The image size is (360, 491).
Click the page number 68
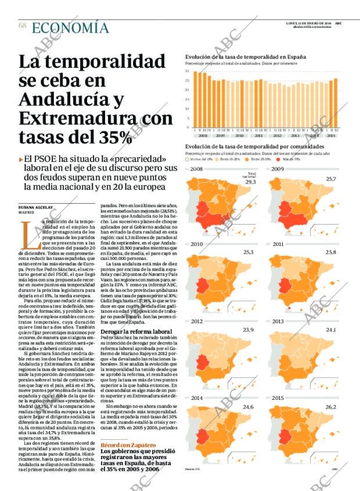pos(22,26)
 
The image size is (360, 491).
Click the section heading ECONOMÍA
pos(70,27)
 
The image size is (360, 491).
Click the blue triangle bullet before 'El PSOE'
pos(21,158)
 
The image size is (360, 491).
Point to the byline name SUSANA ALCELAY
pos(35,207)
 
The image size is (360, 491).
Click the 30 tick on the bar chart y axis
pos(187,71)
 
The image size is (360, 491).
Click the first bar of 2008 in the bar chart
pos(196,99)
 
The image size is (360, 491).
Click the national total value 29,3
pos(251,182)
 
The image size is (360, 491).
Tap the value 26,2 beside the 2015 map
pos(331,407)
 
